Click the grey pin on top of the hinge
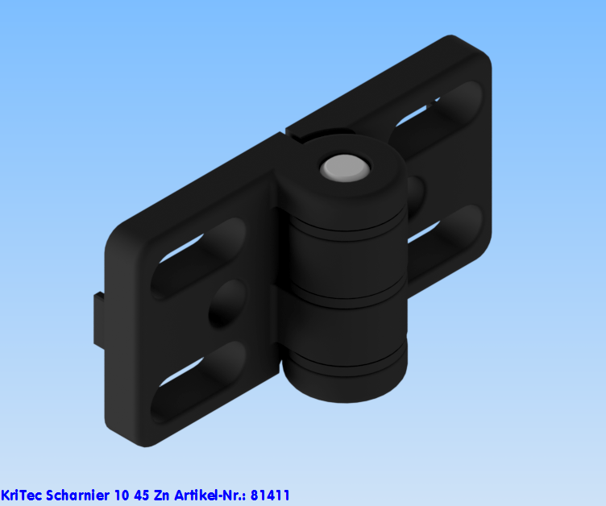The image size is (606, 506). (x=345, y=168)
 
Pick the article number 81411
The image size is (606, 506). (x=270, y=495)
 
